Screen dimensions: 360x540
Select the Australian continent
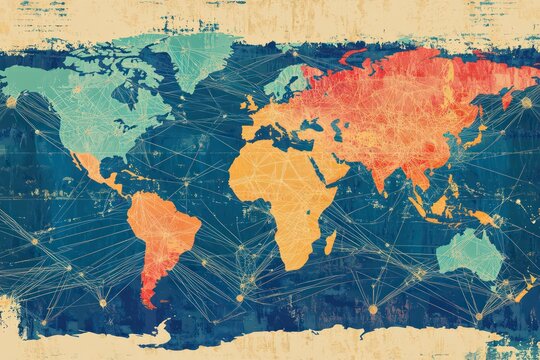click(x=470, y=254)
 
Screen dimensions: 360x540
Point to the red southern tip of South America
click(x=148, y=295)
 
